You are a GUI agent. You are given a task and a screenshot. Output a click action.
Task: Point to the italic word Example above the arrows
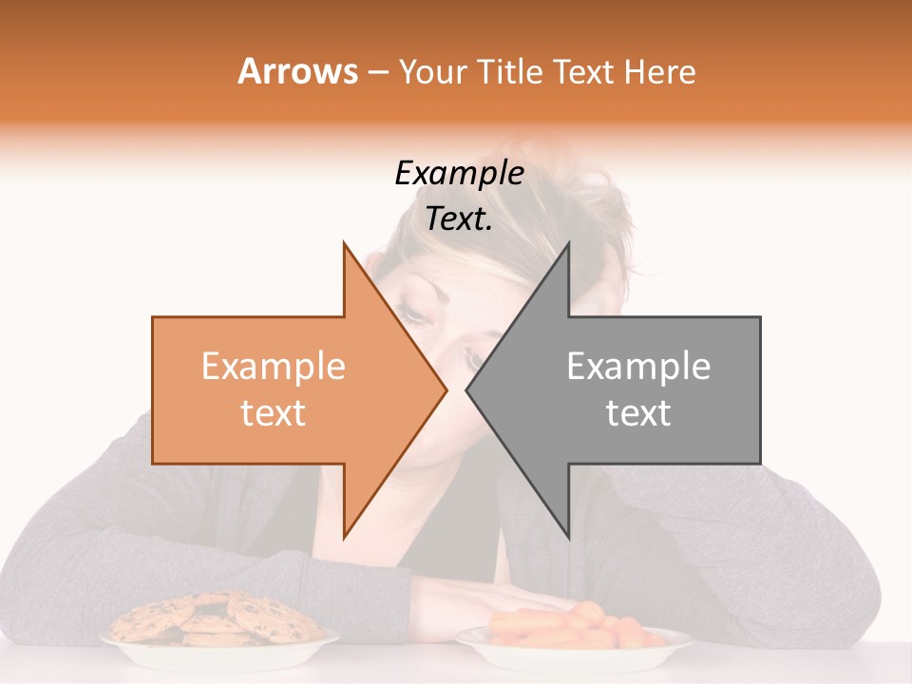coord(459,174)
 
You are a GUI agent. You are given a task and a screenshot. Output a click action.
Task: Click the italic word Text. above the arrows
coord(459,219)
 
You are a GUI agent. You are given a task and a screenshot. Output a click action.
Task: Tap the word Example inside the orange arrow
coord(274,367)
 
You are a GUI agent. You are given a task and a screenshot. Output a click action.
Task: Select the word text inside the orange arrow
coord(274,413)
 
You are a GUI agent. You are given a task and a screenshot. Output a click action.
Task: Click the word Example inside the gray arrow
coord(638,367)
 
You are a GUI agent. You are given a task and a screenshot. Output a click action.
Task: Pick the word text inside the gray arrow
coord(638,413)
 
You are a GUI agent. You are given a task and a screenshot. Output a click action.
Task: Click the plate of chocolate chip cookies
coord(219,641)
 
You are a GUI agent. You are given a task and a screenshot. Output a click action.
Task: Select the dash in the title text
coord(377,73)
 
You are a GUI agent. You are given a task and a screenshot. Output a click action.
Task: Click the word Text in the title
coord(583,71)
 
